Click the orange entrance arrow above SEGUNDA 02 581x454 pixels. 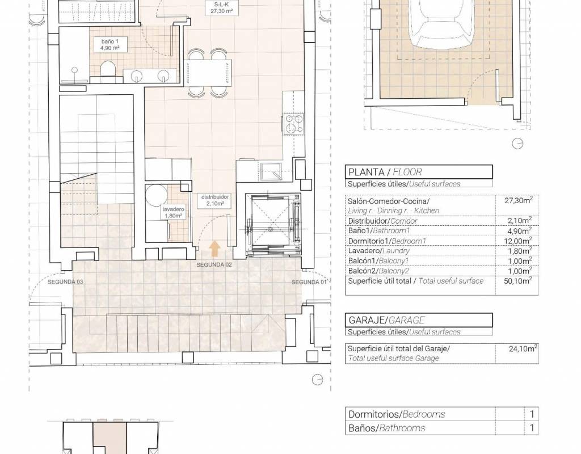[214, 249]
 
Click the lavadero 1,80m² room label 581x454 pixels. [173, 212]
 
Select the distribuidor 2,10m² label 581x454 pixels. [215, 200]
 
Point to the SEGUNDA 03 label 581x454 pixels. [65, 281]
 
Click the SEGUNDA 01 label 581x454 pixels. [309, 282]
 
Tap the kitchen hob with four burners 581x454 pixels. [294, 124]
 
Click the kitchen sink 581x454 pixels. [271, 172]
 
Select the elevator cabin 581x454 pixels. [273, 224]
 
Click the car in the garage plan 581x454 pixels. [441, 23]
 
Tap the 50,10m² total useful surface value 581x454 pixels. [519, 281]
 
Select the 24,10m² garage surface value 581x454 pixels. [523, 348]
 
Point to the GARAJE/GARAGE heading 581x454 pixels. [386, 320]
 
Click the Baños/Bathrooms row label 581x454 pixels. [387, 428]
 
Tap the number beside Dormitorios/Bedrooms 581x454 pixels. [532, 414]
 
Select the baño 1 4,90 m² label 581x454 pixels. [110, 44]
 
